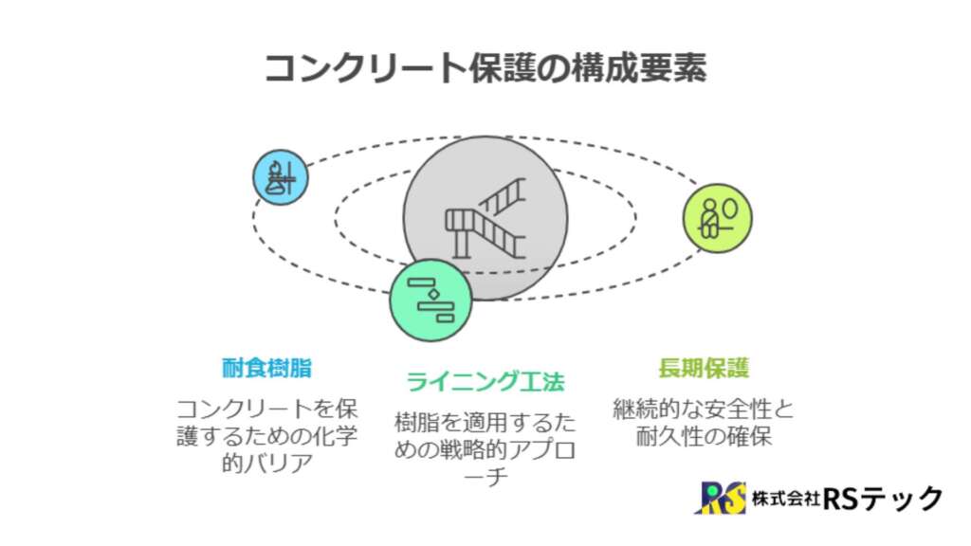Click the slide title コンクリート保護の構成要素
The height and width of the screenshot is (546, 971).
coord(485,67)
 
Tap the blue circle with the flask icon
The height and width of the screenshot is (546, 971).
coord(281,177)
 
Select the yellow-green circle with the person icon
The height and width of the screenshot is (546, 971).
coord(718,218)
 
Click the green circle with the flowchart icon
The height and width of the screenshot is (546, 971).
coord(431,300)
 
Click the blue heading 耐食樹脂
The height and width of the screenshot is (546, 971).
coord(266,369)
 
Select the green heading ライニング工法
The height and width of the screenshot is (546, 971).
coord(485,381)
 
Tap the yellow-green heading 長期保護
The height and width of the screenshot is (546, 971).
coord(704,369)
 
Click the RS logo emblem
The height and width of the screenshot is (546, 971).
coord(721,497)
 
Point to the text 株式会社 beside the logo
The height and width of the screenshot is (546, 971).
coord(786,498)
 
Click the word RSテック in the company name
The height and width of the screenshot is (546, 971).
coord(883,498)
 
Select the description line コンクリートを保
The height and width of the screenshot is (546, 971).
coord(266,409)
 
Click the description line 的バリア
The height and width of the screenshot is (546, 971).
coord(266,463)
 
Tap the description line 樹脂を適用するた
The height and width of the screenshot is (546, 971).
coord(485,423)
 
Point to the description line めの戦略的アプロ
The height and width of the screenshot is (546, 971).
coord(485,450)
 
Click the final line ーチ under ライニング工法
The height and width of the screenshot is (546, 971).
coord(485,477)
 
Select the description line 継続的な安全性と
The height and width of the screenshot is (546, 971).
coord(704,409)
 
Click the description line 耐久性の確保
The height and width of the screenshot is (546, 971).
coord(704,436)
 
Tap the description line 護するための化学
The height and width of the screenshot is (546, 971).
coord(266,436)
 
